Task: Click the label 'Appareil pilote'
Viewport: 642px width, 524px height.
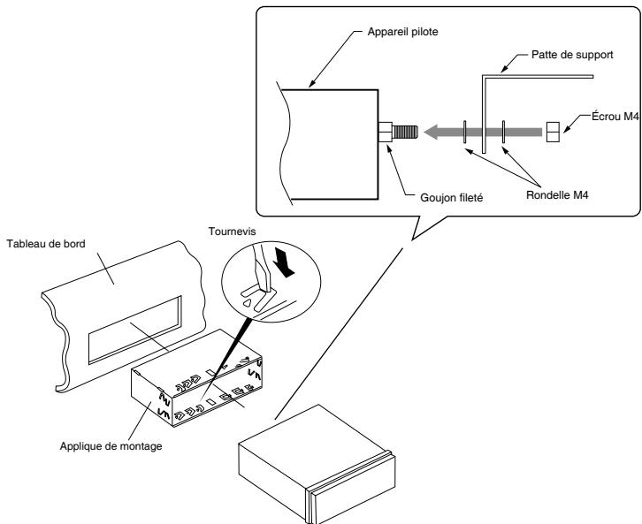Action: point(402,32)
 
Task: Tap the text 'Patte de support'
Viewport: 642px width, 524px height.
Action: point(572,55)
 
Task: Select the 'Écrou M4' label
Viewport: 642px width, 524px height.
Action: point(615,117)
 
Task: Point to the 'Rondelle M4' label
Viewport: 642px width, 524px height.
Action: point(557,195)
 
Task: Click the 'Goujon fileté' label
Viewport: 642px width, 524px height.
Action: point(452,198)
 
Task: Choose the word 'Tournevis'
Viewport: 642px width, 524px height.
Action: point(233,232)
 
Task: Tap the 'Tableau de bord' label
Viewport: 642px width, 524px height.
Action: point(46,244)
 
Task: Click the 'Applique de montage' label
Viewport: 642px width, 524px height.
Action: point(111,446)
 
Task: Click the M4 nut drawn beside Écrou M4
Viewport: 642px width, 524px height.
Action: point(553,132)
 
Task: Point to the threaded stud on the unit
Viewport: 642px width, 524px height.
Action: point(405,132)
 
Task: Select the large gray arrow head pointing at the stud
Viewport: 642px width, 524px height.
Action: point(432,132)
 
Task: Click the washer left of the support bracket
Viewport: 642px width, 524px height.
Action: point(465,132)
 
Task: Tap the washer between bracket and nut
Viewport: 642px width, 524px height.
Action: point(504,132)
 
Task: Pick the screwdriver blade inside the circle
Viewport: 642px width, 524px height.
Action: point(262,270)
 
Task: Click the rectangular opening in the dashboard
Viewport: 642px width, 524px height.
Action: point(135,330)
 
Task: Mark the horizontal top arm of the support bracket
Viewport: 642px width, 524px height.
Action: point(539,77)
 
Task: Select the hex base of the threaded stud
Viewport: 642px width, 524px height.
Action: point(386,132)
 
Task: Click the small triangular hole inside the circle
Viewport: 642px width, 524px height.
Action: point(247,303)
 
